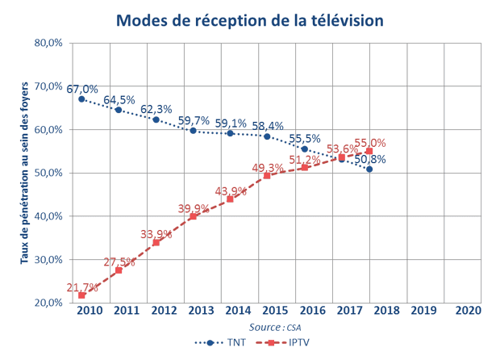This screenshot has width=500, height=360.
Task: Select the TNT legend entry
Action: click(x=222, y=342)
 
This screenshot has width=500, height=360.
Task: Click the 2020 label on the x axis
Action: click(x=468, y=310)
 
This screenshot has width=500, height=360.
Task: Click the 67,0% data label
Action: click(x=82, y=89)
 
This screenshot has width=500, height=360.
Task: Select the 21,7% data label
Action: click(x=81, y=287)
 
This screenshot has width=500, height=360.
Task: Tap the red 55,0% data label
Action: click(x=370, y=142)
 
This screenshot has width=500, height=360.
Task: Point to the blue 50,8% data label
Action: click(x=370, y=159)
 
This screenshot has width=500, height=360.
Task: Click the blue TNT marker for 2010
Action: click(x=81, y=99)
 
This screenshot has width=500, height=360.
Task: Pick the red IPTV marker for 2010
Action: click(x=81, y=295)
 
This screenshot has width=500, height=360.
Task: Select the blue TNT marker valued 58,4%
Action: click(x=267, y=136)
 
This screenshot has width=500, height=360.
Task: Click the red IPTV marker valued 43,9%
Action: click(x=230, y=199)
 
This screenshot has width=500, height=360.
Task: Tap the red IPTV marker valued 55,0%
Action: click(x=369, y=151)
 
